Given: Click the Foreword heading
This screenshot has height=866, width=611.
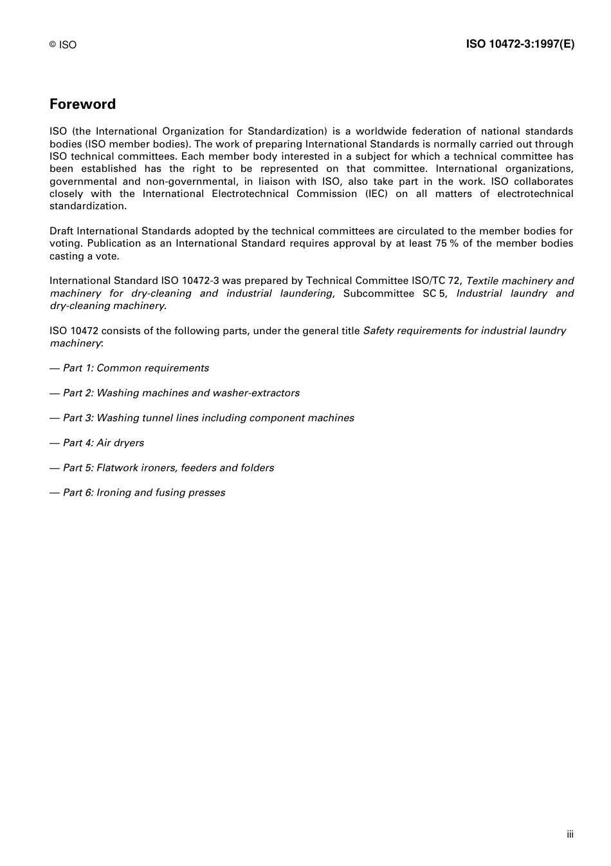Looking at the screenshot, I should [x=82, y=104].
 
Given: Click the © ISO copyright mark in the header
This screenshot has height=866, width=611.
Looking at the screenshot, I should [x=62, y=44].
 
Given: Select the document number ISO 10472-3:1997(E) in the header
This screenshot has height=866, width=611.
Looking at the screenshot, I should [x=520, y=44].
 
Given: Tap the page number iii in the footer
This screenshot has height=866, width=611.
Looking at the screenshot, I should [x=570, y=834].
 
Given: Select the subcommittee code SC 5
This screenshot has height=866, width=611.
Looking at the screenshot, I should [x=434, y=294].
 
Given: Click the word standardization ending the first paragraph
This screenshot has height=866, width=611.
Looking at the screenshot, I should [x=88, y=206].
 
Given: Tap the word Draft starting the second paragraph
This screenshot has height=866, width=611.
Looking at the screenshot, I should [x=62, y=231].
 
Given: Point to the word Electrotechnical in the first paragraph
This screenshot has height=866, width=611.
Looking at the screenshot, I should [x=250, y=194].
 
